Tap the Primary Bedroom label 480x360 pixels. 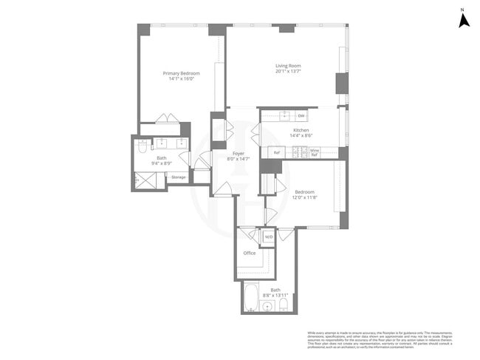(x=182, y=73)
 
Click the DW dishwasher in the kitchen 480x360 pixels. (x=301, y=116)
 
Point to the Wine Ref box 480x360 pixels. (x=314, y=152)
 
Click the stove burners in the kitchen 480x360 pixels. (x=299, y=152)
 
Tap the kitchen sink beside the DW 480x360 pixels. (x=284, y=116)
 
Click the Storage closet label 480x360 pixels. (x=178, y=177)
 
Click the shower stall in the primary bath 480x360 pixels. (x=145, y=181)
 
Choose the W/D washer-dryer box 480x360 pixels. (x=269, y=237)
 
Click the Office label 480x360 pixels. (x=250, y=253)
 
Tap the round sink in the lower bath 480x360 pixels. (x=267, y=306)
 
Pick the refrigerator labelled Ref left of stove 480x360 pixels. (x=277, y=152)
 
